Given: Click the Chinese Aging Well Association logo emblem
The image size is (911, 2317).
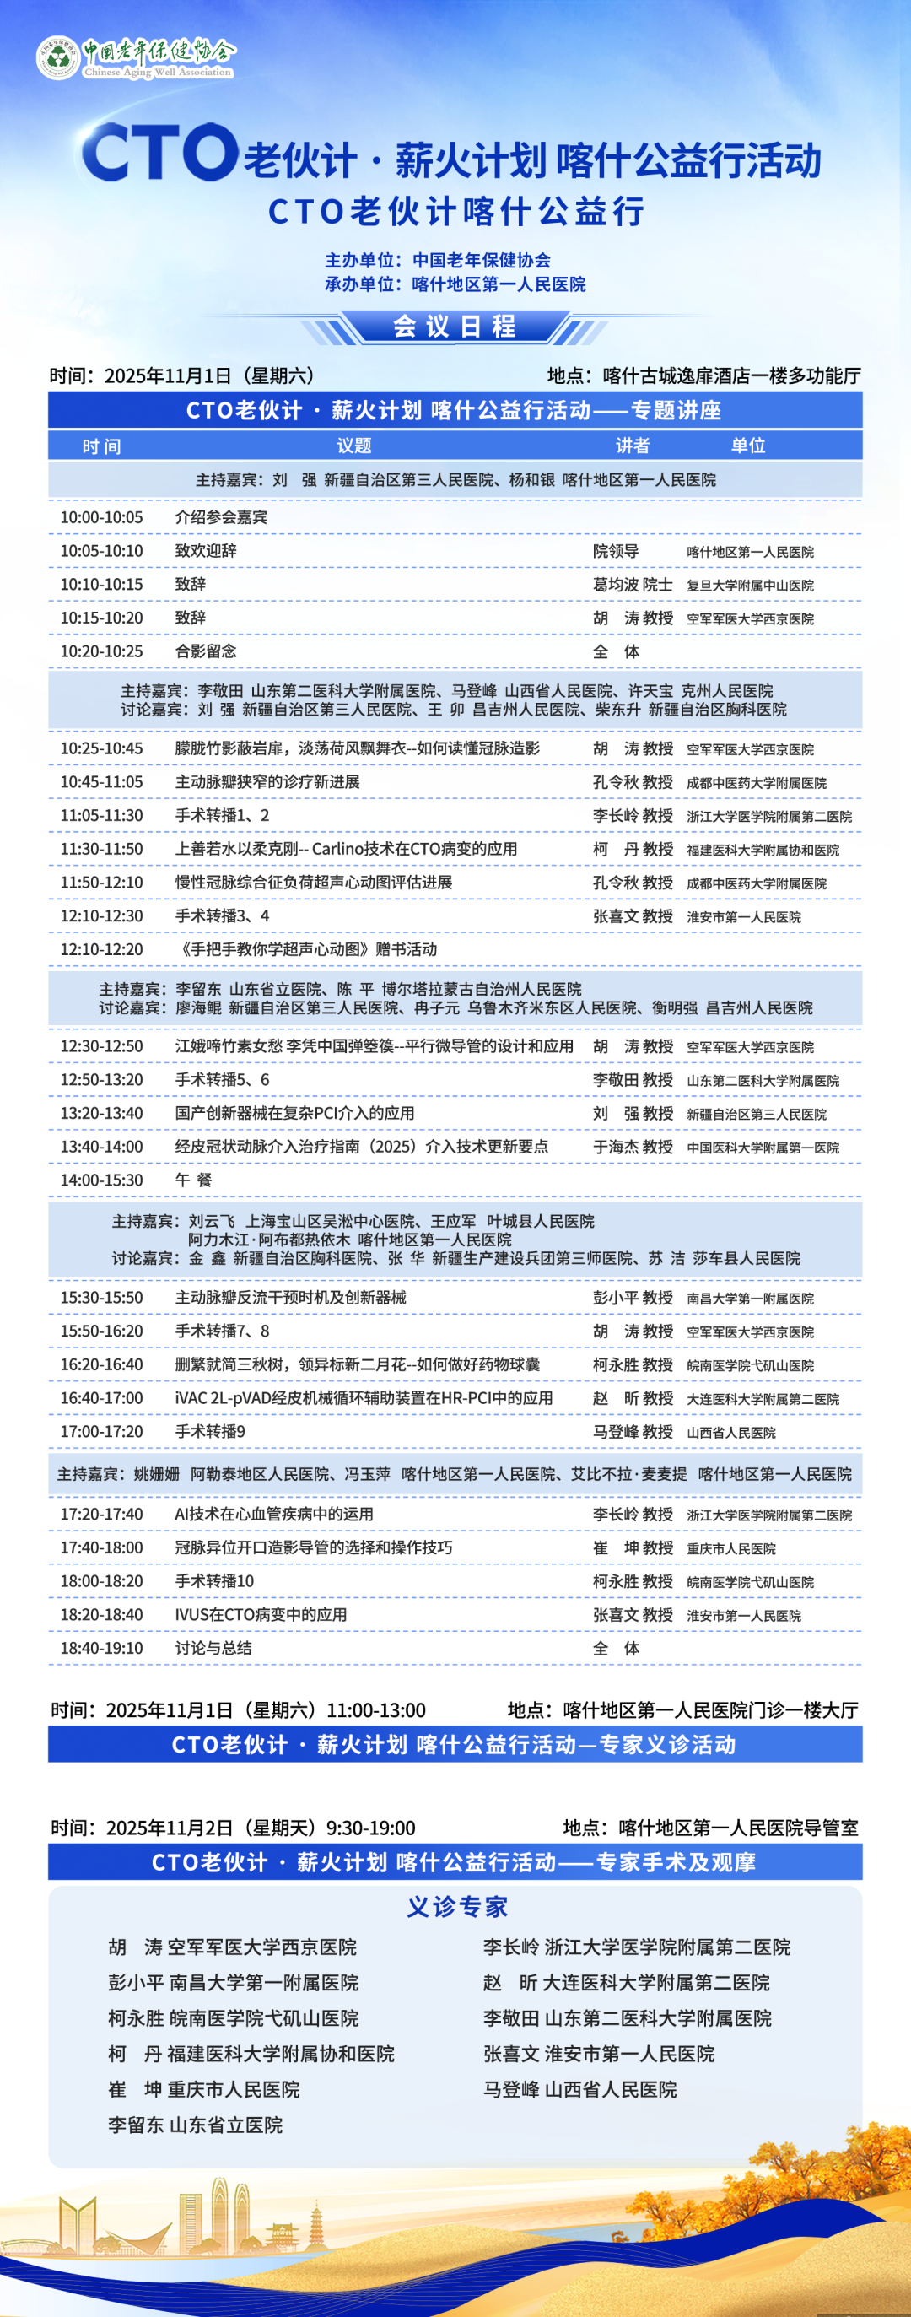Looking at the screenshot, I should pos(57,57).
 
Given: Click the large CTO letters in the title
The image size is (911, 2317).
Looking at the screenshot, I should pos(159,152).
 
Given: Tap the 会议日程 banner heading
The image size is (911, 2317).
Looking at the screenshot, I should pos(454,326).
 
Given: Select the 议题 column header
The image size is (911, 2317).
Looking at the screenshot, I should pos(354,446).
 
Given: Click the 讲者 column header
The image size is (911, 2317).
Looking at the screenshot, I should pos(632,446).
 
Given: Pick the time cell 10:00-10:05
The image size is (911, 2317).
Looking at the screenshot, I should pos(100,517).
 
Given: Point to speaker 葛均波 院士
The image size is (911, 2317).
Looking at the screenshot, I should pos(632,585).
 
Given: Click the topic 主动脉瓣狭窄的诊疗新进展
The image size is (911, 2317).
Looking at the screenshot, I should pos(267,781).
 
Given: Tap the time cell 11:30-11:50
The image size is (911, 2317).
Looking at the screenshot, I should pos(100,849).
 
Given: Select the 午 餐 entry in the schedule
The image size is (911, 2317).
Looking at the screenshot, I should pos(193,1180).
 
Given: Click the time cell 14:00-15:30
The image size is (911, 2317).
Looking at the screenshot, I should pos(100,1180).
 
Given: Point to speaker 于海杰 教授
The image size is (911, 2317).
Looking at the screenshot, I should pos(632,1147).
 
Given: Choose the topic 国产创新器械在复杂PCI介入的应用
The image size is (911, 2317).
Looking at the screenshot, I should pos(294,1114).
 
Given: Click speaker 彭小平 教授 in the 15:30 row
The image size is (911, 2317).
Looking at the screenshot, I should pos(632,1298).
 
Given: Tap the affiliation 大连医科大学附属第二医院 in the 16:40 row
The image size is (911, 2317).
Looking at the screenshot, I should pos(763,1399).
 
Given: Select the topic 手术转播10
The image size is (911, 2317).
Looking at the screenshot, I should pos(214,1581).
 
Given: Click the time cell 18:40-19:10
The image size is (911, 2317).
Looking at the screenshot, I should pos(100,1648).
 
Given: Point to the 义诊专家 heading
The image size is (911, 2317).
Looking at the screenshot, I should pos(457,1907).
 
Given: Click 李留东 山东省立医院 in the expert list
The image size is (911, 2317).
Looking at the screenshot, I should pos(195,2125).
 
